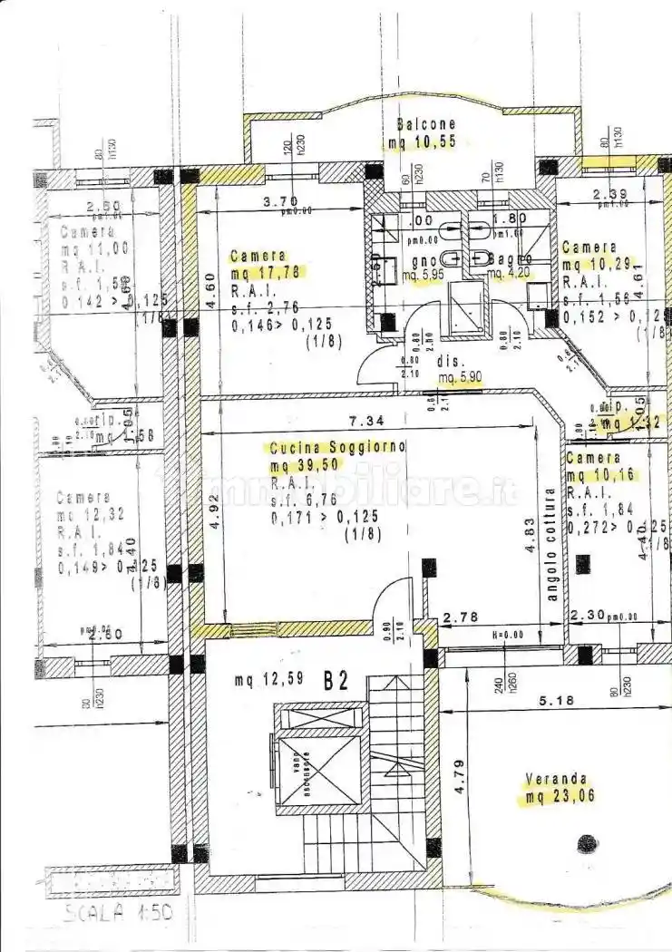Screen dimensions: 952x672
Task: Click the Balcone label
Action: click(x=426, y=124)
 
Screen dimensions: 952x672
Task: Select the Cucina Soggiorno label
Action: click(x=338, y=447)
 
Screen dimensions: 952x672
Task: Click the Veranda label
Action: click(x=556, y=779)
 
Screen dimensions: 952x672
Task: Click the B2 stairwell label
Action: click(x=336, y=682)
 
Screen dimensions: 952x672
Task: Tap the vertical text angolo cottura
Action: click(x=550, y=544)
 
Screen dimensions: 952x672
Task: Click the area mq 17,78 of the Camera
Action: click(x=268, y=272)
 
